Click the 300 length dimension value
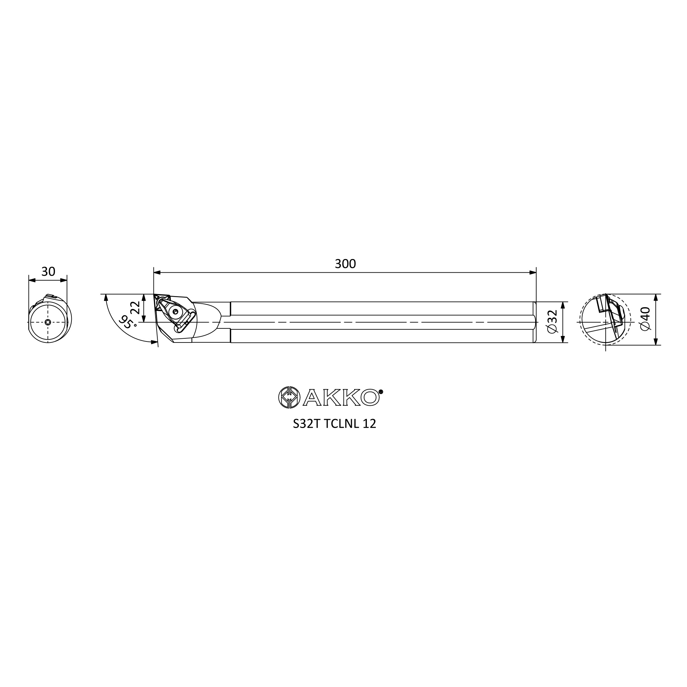(x=345, y=264)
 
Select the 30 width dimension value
(x=48, y=272)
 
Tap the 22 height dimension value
(x=135, y=307)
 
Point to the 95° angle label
(x=127, y=322)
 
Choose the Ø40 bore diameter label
(x=645, y=319)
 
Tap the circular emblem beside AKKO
(x=289, y=397)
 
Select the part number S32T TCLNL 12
(x=334, y=424)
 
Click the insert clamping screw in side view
(x=175, y=312)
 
